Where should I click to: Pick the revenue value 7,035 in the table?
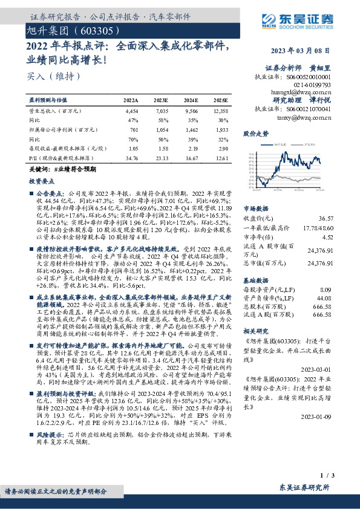coord(161,112)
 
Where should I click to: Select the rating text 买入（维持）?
coord(46,76)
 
